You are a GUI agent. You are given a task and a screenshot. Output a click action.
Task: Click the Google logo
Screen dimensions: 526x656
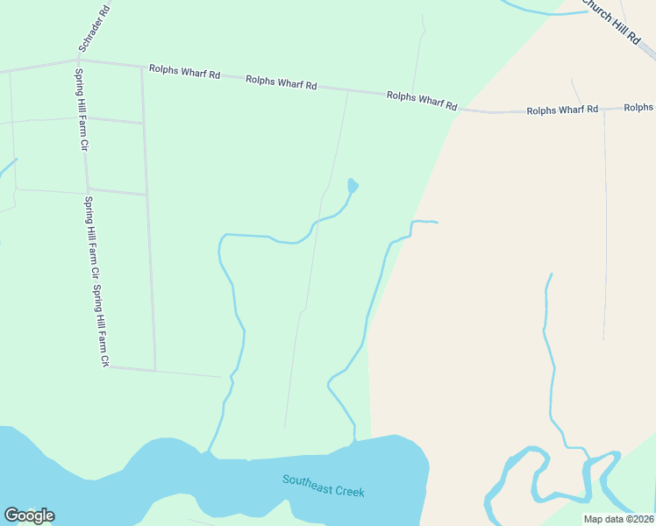(29, 515)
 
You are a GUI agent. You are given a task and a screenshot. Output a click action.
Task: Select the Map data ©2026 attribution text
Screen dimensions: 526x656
(618, 519)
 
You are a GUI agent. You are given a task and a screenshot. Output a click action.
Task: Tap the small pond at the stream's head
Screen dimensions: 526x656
(353, 185)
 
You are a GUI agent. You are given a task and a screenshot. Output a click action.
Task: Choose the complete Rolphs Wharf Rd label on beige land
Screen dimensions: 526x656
(562, 110)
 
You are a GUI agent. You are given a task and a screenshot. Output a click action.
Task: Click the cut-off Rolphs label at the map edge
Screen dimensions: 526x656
(638, 107)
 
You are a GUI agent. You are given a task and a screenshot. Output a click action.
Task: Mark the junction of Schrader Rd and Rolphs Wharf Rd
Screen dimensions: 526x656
(80, 60)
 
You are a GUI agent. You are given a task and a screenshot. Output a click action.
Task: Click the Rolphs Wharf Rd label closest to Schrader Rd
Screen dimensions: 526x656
(184, 72)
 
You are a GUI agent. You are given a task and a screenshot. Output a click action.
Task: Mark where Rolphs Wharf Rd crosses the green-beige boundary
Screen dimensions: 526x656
(459, 110)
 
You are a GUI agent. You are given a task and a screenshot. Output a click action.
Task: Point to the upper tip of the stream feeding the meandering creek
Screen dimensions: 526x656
(551, 274)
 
